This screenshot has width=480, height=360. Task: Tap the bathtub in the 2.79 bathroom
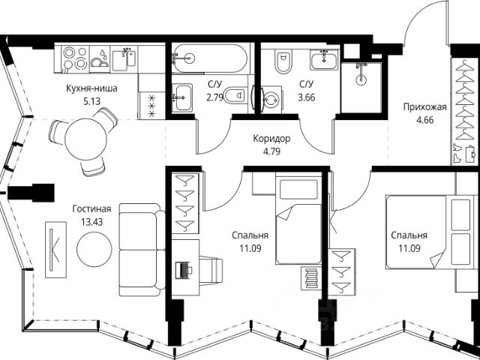[209, 58]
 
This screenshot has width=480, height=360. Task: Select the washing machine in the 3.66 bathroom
[271, 100]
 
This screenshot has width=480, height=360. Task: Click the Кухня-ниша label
[91, 88]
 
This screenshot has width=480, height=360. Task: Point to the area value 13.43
[91, 222]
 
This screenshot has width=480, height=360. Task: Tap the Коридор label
[271, 139]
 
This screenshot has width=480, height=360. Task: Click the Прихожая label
[425, 107]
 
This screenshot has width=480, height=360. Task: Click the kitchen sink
[123, 58]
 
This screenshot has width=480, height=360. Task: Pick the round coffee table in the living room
[94, 249]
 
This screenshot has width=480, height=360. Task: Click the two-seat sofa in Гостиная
[142, 250]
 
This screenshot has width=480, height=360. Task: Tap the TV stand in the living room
[55, 250]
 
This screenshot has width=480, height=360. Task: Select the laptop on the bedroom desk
[184, 270]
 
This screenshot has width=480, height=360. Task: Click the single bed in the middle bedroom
[298, 218]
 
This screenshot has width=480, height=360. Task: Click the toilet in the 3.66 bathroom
[283, 63]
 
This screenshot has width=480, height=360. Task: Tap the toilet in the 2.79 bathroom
[235, 95]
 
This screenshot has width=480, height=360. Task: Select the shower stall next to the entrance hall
[361, 88]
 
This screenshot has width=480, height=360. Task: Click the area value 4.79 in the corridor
[271, 151]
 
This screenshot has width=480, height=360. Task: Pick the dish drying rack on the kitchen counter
[100, 59]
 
